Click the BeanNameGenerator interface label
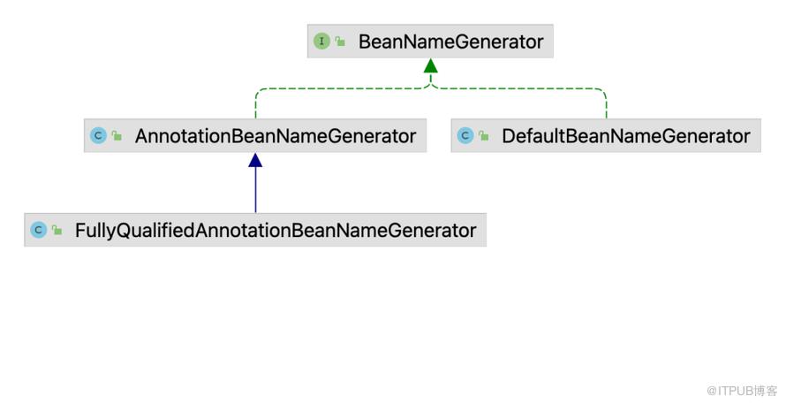tap(450, 42)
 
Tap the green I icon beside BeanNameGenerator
tap(321, 42)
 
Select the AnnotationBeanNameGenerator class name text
tap(276, 136)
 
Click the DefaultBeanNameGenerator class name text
tap(626, 136)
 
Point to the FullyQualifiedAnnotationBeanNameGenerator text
tap(276, 231)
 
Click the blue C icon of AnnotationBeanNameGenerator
tap(98, 135)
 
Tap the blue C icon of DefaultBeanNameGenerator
tap(465, 135)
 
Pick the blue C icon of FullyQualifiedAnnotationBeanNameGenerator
tap(39, 230)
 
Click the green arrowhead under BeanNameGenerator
tap(431, 65)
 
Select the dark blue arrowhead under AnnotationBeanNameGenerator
tap(255, 160)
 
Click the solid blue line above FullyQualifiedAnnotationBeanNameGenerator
tap(255, 190)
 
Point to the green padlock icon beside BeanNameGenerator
tap(340, 42)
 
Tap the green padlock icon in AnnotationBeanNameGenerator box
tap(117, 135)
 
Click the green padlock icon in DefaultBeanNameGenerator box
tap(484, 135)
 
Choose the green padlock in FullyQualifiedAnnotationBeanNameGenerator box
tap(57, 230)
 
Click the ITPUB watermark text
tap(742, 391)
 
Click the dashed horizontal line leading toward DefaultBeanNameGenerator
tap(518, 88)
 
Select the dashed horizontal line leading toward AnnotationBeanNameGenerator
tap(343, 88)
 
